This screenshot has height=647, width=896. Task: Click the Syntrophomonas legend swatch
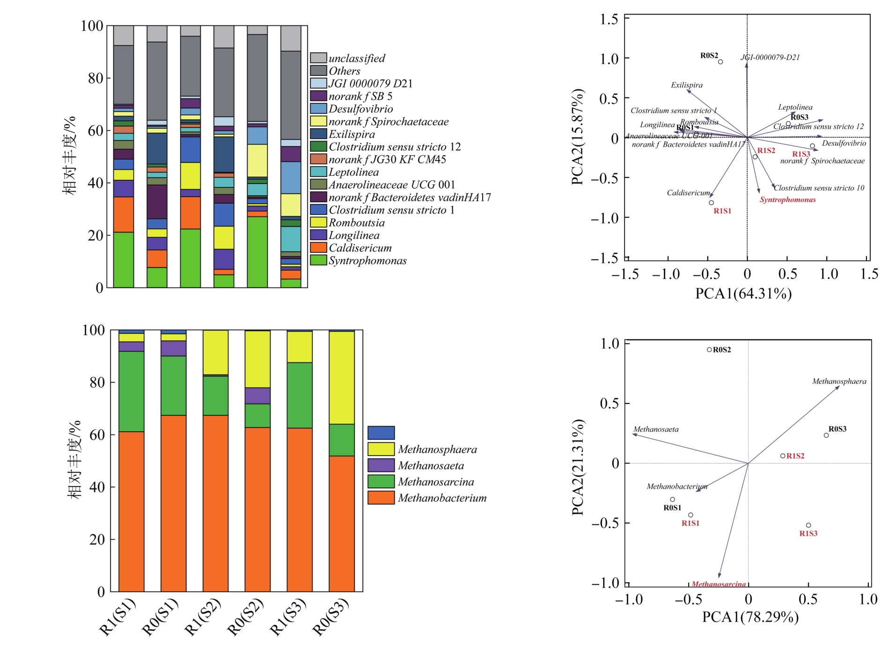pyautogui.click(x=318, y=260)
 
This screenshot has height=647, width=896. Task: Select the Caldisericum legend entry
pyautogui.click(x=360, y=248)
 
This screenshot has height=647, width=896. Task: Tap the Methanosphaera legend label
pyautogui.click(x=437, y=449)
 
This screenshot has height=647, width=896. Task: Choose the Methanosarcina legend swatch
pyautogui.click(x=381, y=481)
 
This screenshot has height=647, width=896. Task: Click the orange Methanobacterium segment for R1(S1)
pyautogui.click(x=131, y=511)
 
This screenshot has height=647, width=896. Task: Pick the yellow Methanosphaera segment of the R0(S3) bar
pyautogui.click(x=341, y=377)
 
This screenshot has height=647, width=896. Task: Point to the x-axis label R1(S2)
pyautogui.click(x=203, y=617)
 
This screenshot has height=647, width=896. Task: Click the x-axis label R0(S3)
pyautogui.click(x=330, y=617)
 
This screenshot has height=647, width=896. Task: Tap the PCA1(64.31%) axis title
pyautogui.click(x=743, y=294)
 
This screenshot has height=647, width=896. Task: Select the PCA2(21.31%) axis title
pyautogui.click(x=578, y=467)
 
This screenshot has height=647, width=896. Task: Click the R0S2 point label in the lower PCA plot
pyautogui.click(x=721, y=350)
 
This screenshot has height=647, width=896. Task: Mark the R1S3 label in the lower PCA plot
pyautogui.click(x=808, y=533)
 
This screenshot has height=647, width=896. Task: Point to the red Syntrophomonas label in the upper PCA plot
pyautogui.click(x=787, y=200)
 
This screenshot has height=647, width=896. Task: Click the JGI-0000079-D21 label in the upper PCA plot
pyautogui.click(x=770, y=58)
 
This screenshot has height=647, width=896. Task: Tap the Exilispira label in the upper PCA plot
pyautogui.click(x=686, y=85)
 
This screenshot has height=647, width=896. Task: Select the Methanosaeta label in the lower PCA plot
pyautogui.click(x=655, y=429)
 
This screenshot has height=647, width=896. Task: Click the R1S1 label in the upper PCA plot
pyautogui.click(x=722, y=211)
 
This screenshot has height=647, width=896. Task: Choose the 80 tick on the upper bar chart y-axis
pyautogui.click(x=96, y=78)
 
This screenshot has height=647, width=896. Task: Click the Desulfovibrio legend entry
pyautogui.click(x=360, y=109)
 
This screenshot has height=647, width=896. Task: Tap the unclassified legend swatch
pyautogui.click(x=318, y=58)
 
